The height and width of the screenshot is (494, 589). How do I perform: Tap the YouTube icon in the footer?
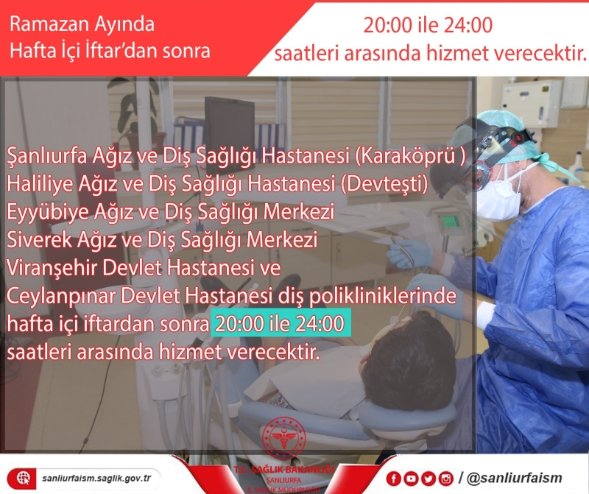coord(410,479)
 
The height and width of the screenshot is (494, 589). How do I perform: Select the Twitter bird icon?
coord(427,479)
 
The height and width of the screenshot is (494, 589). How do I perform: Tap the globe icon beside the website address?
coord(24,478)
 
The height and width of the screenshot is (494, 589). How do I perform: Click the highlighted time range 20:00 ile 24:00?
coord(278,324)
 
